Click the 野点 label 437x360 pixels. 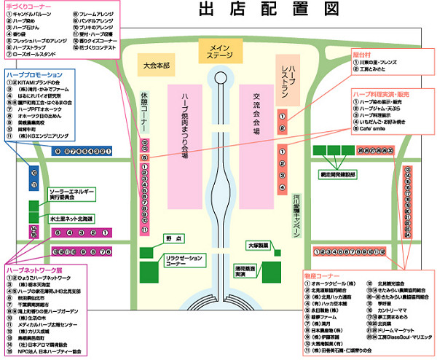tap(173, 238)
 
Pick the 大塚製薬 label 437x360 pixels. tap(257, 246)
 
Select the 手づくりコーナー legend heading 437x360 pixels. tap(25, 7)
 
